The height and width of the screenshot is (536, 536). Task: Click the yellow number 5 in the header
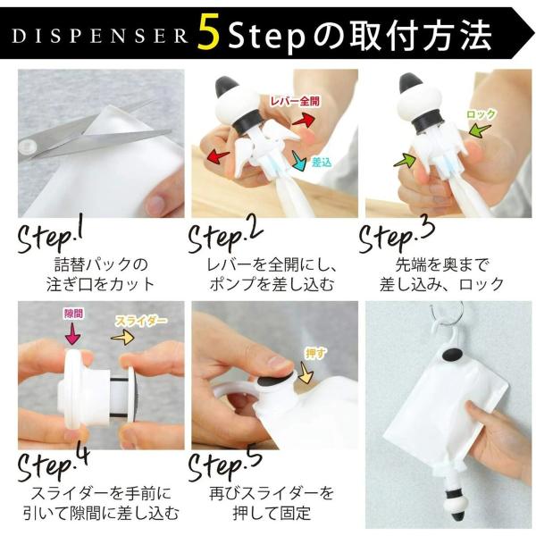click(x=209, y=34)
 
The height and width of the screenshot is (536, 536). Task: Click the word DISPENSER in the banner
click(x=100, y=37)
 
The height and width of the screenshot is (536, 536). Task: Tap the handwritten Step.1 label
click(x=51, y=237)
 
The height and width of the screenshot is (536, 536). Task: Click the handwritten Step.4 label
click(x=54, y=465)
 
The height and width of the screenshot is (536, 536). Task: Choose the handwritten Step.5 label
click(x=225, y=465)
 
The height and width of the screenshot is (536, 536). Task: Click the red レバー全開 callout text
click(x=295, y=101)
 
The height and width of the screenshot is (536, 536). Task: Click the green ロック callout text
click(x=481, y=114)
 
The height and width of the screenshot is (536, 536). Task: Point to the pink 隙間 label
click(x=73, y=314)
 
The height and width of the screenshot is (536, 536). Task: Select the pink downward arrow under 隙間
click(x=72, y=333)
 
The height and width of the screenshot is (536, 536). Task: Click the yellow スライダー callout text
click(x=141, y=321)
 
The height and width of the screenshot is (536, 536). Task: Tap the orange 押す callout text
click(x=315, y=354)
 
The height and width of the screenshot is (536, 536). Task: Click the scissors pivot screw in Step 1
click(x=28, y=147)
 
